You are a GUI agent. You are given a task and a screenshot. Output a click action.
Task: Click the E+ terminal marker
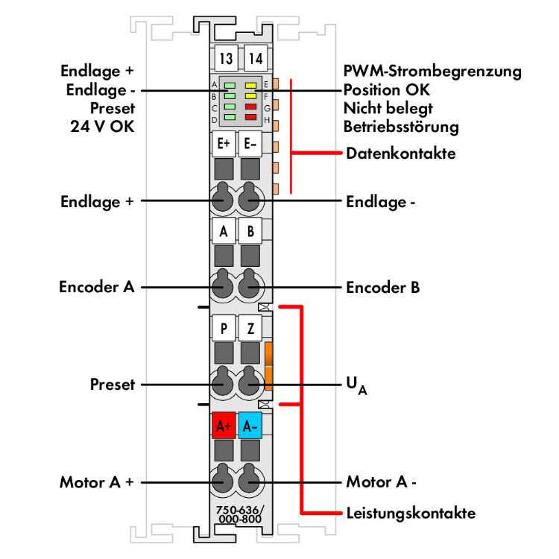click(x=224, y=143)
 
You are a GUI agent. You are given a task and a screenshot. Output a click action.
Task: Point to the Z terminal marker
click(x=250, y=327)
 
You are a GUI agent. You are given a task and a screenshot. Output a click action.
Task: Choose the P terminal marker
click(x=224, y=327)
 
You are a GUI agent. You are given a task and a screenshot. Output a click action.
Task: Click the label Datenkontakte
click(x=401, y=154)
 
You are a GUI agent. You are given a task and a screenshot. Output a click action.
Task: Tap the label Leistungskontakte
click(x=411, y=513)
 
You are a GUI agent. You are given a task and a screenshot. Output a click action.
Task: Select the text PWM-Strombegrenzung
click(x=432, y=72)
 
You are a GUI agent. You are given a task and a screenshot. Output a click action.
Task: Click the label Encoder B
click(x=383, y=287)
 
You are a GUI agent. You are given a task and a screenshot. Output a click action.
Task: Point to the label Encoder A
click(x=97, y=287)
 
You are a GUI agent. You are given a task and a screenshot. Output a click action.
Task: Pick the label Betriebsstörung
click(x=401, y=127)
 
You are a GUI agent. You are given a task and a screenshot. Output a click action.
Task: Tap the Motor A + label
click(x=97, y=482)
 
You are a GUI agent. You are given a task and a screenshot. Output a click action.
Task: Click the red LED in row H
click(x=251, y=118)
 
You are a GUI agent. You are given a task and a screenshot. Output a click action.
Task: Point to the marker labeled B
click(x=250, y=231)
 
